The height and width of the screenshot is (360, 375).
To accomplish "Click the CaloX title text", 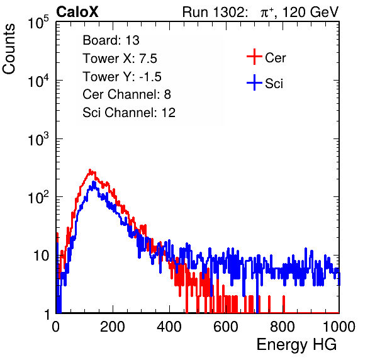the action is pyautogui.click(x=77, y=12).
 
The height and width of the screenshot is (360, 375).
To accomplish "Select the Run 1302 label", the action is pyautogui.click(x=215, y=12).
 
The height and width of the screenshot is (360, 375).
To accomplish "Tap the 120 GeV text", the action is pyautogui.click(x=311, y=12).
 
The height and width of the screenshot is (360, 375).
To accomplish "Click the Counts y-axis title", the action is pyautogui.click(x=9, y=49).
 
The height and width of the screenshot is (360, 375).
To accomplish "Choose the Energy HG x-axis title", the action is pyautogui.click(x=297, y=345).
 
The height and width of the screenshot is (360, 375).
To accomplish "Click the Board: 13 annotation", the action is pyautogui.click(x=111, y=40).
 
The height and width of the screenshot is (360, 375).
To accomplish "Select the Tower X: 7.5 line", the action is pyautogui.click(x=120, y=59).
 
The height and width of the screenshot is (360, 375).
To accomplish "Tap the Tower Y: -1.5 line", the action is pyautogui.click(x=122, y=77).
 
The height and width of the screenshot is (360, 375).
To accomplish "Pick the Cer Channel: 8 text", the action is pyautogui.click(x=126, y=94).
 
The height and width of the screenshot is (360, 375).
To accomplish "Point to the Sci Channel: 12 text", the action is pyautogui.click(x=129, y=113).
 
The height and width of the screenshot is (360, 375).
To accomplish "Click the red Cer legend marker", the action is pyautogui.click(x=254, y=57).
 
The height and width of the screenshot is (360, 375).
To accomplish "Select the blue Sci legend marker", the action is pyautogui.click(x=254, y=82).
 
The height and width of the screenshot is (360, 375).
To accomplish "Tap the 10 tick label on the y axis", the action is pyautogui.click(x=42, y=256).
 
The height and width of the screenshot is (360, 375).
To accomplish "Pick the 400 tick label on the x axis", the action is pyautogui.click(x=169, y=327).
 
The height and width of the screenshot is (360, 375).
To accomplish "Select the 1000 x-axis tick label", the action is pyautogui.click(x=339, y=327).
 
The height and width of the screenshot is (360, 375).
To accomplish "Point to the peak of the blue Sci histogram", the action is pyautogui.click(x=94, y=182).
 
